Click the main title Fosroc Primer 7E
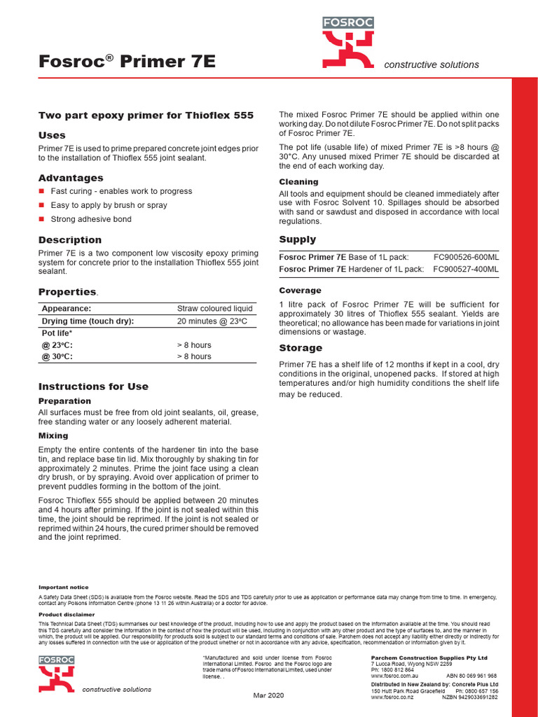pos(127,62)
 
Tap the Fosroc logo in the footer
pos(57,674)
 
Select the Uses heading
pos(52,135)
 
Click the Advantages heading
pos(71,178)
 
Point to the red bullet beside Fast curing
pos(41,191)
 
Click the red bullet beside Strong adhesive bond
pos(41,219)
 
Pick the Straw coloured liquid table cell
pos(214,309)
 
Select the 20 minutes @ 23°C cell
pos(212,321)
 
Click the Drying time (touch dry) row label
pos(88,321)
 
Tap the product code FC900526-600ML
pos(466,257)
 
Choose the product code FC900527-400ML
pos(466,269)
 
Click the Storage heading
pos(301,348)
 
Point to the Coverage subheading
pos(300,291)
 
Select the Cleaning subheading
pos(299,182)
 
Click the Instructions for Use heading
pos(93,387)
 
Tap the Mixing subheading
pos(53,436)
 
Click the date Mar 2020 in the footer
pos(268,695)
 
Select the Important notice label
pos(63,587)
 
